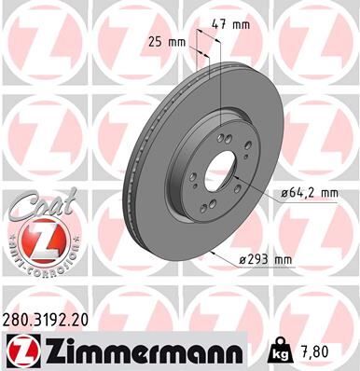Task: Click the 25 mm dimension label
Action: [x=166, y=40]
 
